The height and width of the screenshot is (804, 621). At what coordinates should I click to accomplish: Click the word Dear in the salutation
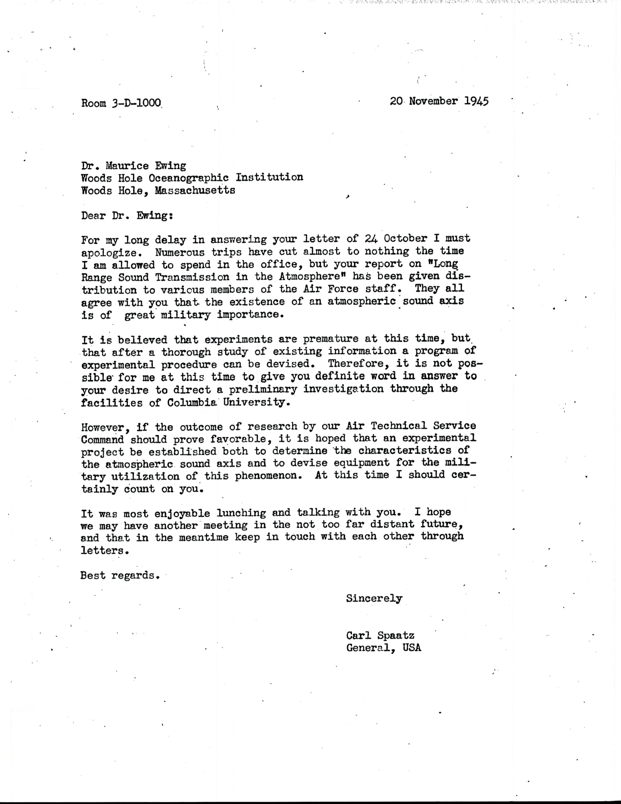94,215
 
